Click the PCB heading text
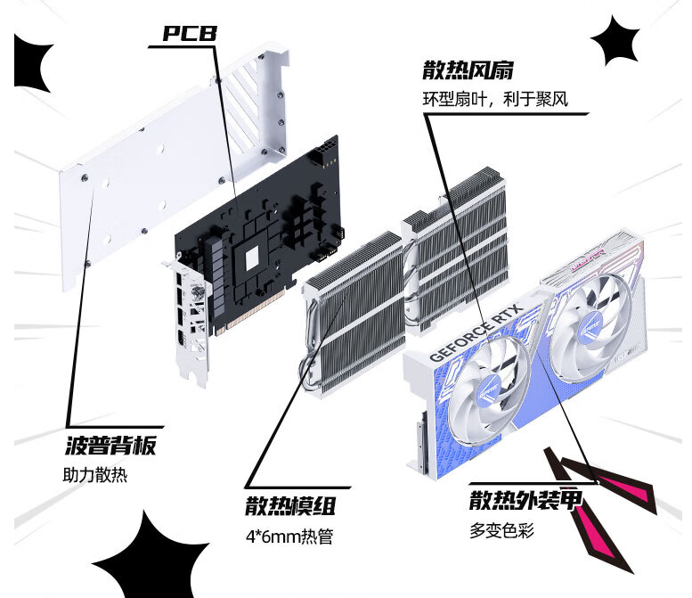pyautogui.click(x=190, y=33)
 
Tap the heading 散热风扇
pyautogui.click(x=468, y=70)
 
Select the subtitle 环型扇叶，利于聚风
pyautogui.click(x=495, y=100)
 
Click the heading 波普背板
pyautogui.click(x=110, y=446)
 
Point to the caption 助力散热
pyautogui.click(x=95, y=475)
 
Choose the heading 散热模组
pyautogui.click(x=290, y=505)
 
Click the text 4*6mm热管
pyautogui.click(x=289, y=537)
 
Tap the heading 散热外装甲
pyautogui.click(x=525, y=500)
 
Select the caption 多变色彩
pyautogui.click(x=501, y=530)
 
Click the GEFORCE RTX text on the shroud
pyautogui.click(x=476, y=332)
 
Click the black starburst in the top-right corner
pyautogui.click(x=615, y=41)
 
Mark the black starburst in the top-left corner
pyautogui.click(x=32, y=63)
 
